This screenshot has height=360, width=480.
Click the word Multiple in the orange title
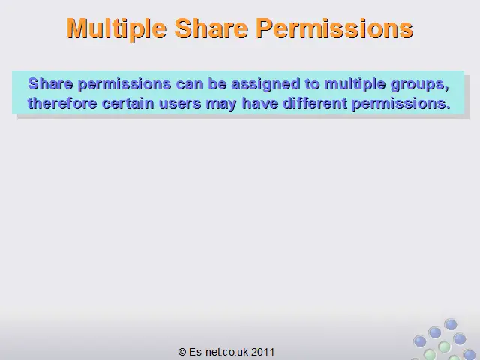coord(116,29)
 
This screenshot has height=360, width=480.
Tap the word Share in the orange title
coord(211,28)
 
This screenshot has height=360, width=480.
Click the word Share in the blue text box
coord(50,84)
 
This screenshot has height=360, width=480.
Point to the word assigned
coord(265,85)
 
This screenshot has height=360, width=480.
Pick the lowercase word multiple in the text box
coord(355,85)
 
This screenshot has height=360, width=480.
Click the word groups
coord(420,85)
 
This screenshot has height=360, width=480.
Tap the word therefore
coord(62,103)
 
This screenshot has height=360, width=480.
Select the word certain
coord(127,103)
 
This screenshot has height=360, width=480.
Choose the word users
coord(180,103)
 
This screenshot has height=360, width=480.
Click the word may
coord(221,104)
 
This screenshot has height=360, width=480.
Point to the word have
coord(260,103)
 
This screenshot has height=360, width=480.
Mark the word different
coord(315,103)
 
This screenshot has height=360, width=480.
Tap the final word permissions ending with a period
coord(401,104)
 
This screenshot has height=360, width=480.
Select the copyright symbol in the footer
coord(182,352)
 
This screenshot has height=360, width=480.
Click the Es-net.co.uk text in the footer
coord(218,352)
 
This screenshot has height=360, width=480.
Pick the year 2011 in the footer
coord(263,352)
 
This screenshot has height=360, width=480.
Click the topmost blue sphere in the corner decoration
coord(451,324)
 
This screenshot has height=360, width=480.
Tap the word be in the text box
coord(217,84)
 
